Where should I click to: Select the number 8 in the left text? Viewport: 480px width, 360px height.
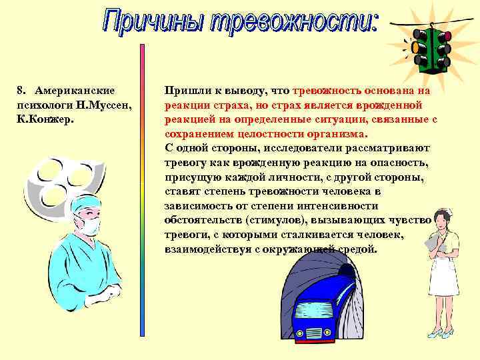[19, 90]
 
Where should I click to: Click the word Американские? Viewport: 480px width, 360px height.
[75, 90]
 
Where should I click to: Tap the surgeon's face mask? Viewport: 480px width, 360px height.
[89, 225]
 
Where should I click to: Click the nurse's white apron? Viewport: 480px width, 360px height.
[443, 273]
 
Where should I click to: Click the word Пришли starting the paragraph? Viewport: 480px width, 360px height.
[185, 90]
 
